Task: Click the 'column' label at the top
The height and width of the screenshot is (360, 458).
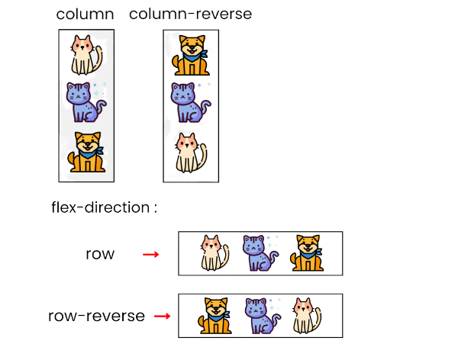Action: [x=85, y=14]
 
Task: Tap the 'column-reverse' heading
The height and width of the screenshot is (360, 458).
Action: [x=190, y=14]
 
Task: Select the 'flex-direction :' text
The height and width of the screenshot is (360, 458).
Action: [x=104, y=207]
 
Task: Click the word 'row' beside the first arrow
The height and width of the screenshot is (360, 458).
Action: [x=100, y=254]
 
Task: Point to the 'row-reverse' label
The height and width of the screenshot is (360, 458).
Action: [x=96, y=315]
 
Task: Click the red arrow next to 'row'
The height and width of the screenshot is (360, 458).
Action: [x=151, y=254]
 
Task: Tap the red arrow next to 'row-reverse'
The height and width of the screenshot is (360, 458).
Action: [x=163, y=315]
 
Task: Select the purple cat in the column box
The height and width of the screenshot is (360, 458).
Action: [x=85, y=102]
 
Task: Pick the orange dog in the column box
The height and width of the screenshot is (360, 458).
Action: [x=86, y=152]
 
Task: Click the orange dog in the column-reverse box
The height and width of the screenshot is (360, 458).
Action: [x=191, y=56]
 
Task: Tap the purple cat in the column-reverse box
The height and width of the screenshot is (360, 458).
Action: [x=188, y=102]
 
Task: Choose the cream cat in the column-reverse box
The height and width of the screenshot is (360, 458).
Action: [x=189, y=152]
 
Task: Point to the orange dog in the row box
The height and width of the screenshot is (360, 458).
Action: [x=307, y=253]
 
